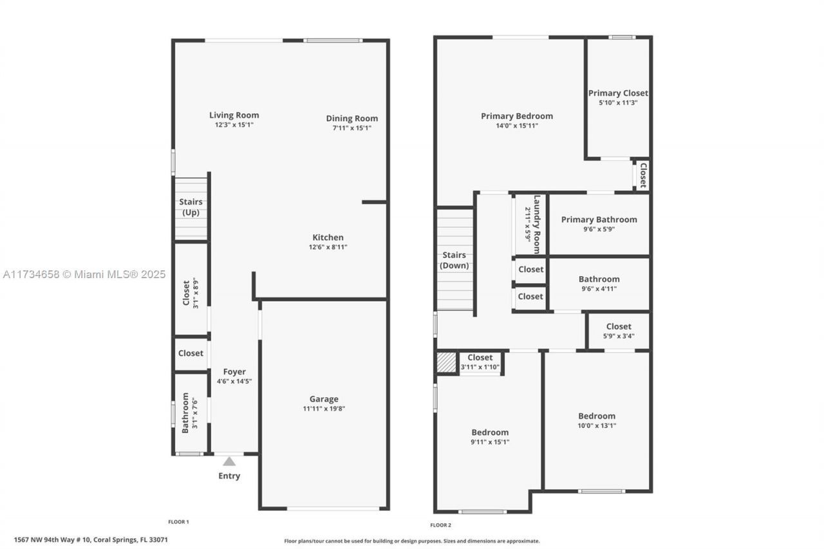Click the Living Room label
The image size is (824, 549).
coord(234,115)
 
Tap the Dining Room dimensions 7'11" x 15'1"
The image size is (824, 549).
coord(351,128)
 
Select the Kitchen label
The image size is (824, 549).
coord(328,237)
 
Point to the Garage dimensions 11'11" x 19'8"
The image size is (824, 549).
coord(324,409)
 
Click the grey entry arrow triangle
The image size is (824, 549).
coord(229,461)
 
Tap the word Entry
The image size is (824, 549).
coord(229,476)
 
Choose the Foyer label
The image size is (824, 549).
coord(234,372)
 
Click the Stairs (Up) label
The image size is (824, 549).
coord(191,207)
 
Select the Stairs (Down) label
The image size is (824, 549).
coord(454,261)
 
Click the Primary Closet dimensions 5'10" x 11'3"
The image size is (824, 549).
coord(618,103)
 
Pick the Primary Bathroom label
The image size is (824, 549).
coord(599,219)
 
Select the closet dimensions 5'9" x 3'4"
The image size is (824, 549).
coord(618,336)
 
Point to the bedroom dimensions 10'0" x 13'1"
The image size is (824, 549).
coord(596,425)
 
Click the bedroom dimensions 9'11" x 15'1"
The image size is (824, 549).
coord(490,442)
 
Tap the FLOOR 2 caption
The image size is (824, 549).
coord(440,525)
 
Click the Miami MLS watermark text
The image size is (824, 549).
coord(84,274)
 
